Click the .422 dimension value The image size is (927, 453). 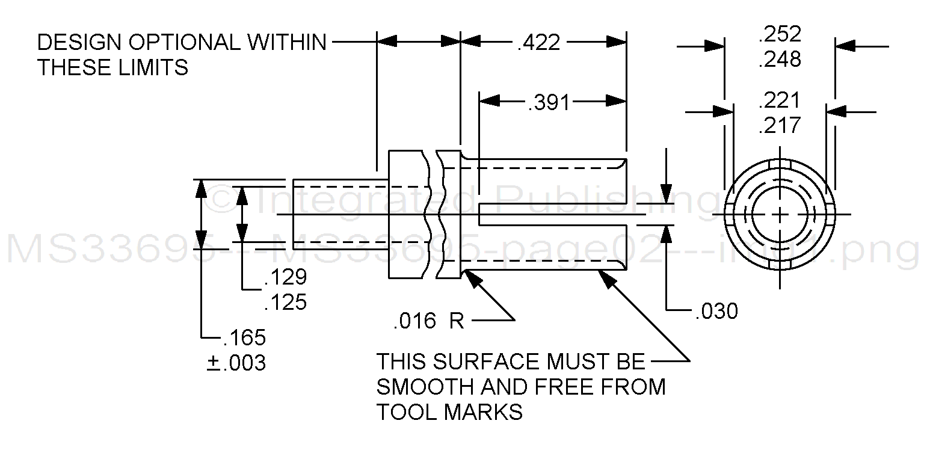tap(538, 43)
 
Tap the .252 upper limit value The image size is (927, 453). tap(780, 35)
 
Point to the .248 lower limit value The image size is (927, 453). tap(780, 60)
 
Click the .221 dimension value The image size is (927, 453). tap(780, 100)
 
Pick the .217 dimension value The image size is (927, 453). tap(780, 125)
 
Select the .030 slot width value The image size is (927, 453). tap(716, 311)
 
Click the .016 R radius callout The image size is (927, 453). tap(428, 321)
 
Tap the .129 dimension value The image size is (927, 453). tap(286, 277)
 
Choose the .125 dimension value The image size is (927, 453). tap(286, 302)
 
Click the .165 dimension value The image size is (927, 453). tap(244, 337)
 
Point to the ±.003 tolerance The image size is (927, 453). tap(236, 363)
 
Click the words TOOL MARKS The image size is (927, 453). tap(449, 412)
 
